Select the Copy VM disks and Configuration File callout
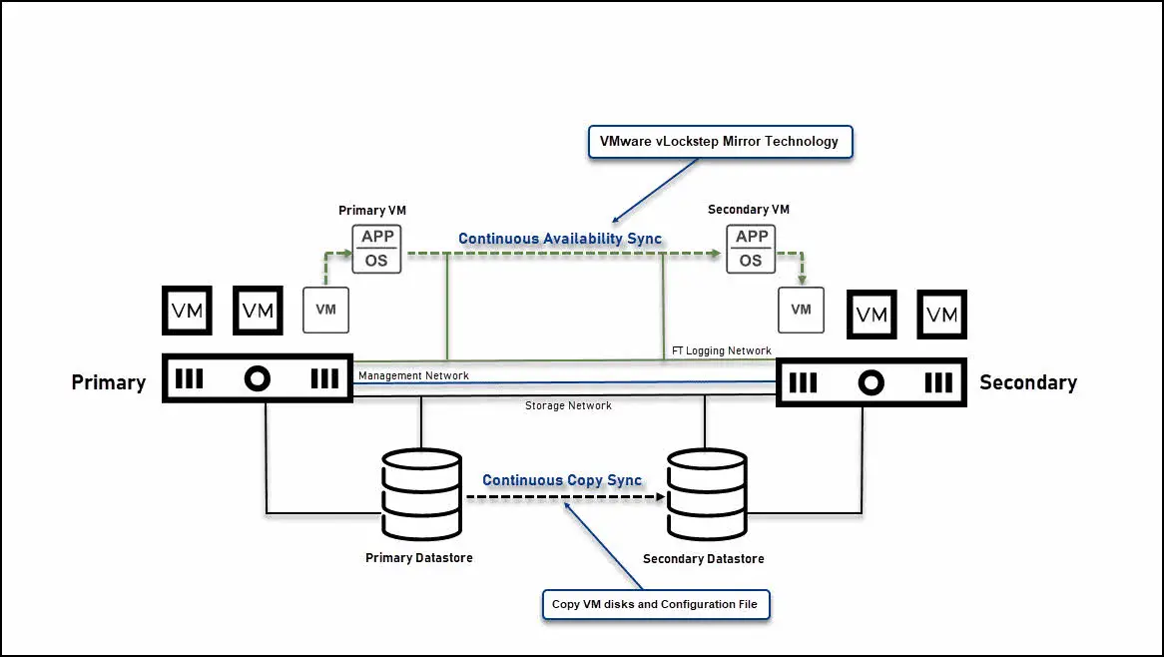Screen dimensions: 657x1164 (655, 604)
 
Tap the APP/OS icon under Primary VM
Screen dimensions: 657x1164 (376, 249)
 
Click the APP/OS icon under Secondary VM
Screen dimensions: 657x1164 (751, 249)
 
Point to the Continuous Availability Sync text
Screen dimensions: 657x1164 (559, 239)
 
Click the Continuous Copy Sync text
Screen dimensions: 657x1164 (562, 480)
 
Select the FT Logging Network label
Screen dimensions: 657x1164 (722, 350)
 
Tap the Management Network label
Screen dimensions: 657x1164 (413, 375)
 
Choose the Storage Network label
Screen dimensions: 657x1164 (568, 405)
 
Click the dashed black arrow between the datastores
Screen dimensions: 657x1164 (565, 497)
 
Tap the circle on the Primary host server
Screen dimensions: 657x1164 (258, 379)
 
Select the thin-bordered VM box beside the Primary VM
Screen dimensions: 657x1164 (325, 310)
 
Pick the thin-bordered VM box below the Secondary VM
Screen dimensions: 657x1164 (801, 310)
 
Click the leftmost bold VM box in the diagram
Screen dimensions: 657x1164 (187, 312)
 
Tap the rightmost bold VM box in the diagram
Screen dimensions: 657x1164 (942, 315)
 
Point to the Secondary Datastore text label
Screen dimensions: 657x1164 (703, 558)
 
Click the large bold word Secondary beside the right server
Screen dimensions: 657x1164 (1027, 382)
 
